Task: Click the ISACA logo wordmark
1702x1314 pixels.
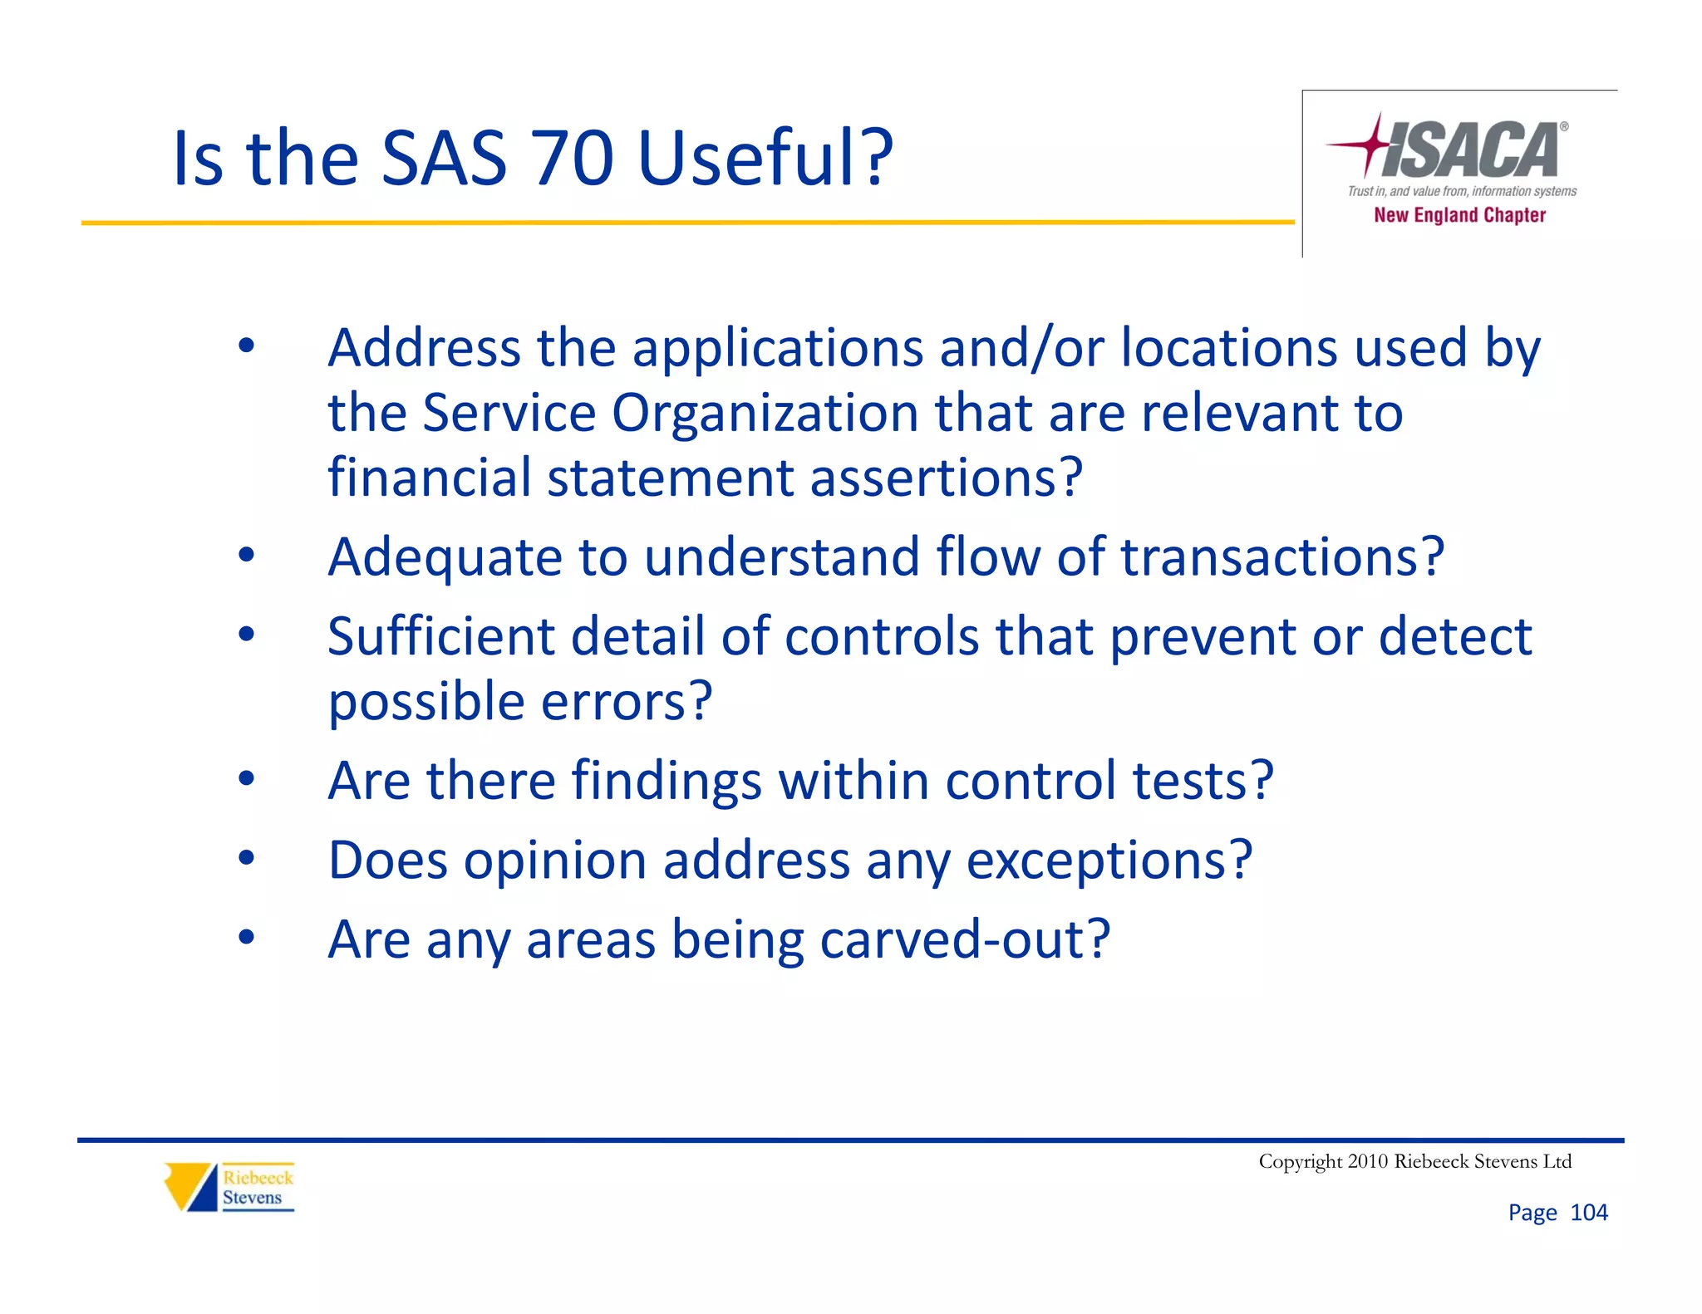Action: coord(1471,150)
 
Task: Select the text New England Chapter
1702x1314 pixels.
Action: coord(1459,215)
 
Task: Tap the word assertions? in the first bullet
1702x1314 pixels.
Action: coord(947,478)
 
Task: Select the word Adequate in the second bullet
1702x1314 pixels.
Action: coord(445,556)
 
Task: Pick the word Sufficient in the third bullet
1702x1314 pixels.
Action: coord(440,636)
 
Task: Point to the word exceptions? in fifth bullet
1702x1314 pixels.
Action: coord(1109,860)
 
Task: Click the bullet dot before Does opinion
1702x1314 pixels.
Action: coord(246,858)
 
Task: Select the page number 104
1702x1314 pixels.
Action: coord(1588,1213)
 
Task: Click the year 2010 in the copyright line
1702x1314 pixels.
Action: coord(1368,1161)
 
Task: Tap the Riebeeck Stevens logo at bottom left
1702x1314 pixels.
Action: coord(229,1187)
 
